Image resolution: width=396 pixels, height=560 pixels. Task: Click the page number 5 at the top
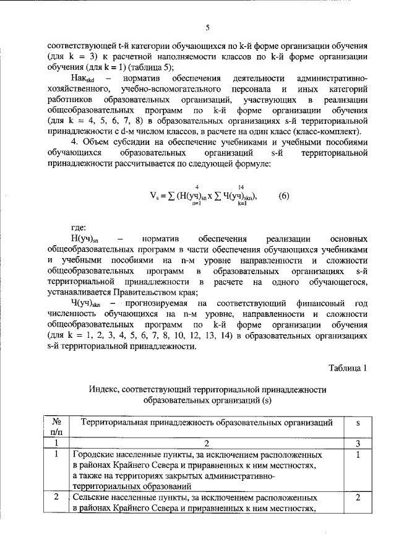pos(208,27)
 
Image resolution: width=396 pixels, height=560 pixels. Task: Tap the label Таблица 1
pos(348,368)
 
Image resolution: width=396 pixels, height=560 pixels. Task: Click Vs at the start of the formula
pos(155,196)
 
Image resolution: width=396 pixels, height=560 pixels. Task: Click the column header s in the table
pos(358,423)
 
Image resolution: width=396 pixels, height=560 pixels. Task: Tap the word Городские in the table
pos(92,455)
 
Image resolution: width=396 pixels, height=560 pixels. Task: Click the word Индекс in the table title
pos(102,390)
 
